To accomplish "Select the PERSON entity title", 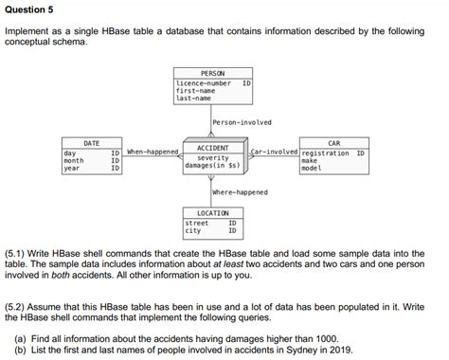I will click(x=212, y=73).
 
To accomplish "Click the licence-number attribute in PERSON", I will click(x=204, y=83).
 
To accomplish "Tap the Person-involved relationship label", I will click(x=242, y=122).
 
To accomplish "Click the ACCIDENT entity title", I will click(x=212, y=149).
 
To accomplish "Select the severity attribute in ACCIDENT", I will click(x=212, y=157).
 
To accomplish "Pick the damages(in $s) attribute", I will click(x=212, y=166).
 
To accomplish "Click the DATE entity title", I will click(x=92, y=143).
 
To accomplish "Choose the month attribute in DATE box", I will click(x=73, y=160).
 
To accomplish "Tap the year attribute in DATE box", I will click(x=71, y=168).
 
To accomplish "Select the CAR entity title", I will click(x=333, y=143).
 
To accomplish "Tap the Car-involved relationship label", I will click(x=275, y=152).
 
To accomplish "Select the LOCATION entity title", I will click(x=212, y=213).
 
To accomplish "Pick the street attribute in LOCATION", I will click(x=196, y=223).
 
